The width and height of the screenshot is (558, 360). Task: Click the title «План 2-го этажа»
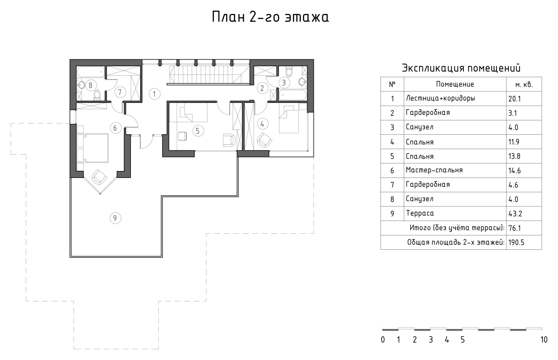(270, 17)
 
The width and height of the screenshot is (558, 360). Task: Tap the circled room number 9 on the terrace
(115, 218)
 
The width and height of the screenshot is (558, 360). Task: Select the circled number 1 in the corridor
(154, 94)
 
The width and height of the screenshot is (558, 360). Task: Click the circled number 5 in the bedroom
(198, 131)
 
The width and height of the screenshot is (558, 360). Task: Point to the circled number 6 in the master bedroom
(115, 128)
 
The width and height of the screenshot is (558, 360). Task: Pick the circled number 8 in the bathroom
(90, 85)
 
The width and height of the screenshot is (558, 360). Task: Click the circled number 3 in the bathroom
(284, 82)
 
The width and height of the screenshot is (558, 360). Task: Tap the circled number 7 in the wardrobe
(120, 92)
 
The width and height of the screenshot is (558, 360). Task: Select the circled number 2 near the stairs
(262, 88)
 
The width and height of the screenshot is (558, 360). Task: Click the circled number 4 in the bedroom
(262, 124)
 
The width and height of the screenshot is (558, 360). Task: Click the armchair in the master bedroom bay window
(99, 177)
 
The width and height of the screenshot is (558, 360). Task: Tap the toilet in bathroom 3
(289, 71)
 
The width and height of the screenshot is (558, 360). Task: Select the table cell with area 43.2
(524, 213)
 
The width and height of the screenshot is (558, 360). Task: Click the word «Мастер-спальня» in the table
(434, 170)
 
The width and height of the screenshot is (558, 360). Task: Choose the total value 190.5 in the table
(516, 242)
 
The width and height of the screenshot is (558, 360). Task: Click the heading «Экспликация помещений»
(461, 68)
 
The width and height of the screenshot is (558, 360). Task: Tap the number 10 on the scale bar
(544, 340)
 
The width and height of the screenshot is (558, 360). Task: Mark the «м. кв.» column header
(524, 85)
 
